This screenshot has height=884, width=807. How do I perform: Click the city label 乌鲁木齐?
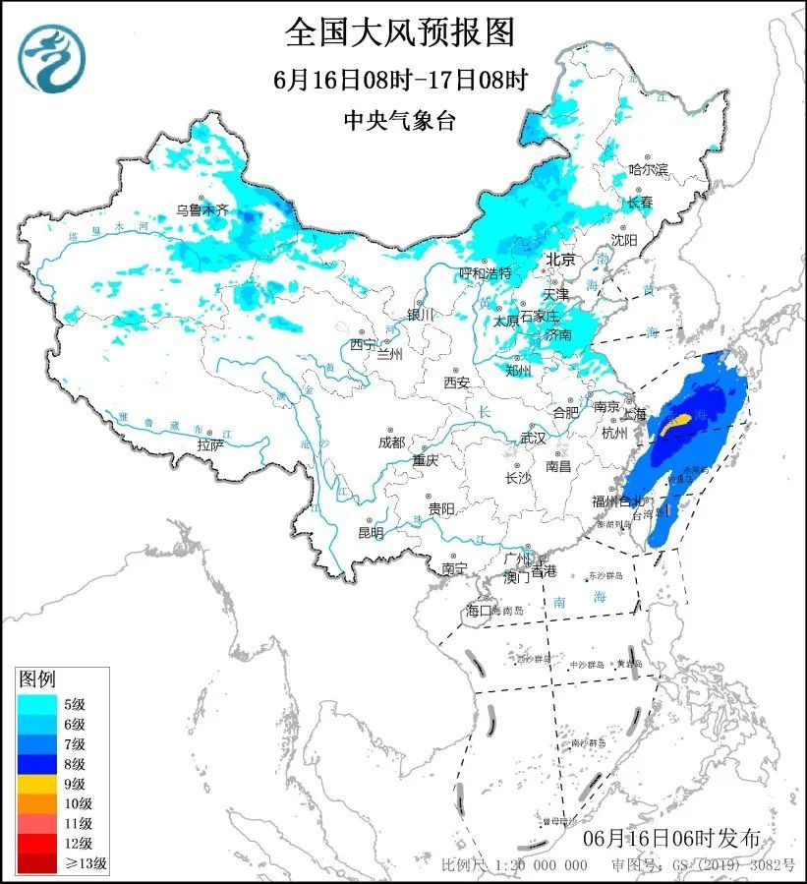click(202, 209)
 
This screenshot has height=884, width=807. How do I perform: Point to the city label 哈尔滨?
click(648, 170)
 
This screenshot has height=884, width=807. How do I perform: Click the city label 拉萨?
click(210, 445)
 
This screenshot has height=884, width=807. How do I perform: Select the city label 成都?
click(391, 442)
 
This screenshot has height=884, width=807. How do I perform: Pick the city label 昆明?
click(371, 533)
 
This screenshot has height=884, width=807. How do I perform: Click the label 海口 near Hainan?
click(478, 611)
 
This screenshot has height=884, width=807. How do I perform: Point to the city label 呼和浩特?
click(486, 272)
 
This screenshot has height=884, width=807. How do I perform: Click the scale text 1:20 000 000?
click(542, 865)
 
